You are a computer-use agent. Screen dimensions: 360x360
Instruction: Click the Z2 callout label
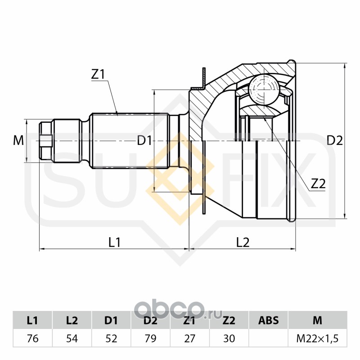318,183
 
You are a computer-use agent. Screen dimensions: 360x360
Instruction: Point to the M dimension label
18,141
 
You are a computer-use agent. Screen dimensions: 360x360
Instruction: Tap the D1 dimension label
144,141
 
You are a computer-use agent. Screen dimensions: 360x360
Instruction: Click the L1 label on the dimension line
115,242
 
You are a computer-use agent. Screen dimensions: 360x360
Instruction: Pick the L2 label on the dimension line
243,242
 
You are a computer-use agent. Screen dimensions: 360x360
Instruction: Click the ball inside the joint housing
264,90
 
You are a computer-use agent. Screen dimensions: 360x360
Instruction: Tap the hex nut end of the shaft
45,141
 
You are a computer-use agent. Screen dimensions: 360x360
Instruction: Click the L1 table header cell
32,320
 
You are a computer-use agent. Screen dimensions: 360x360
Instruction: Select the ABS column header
268,320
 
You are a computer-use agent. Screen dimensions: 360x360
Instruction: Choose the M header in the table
317,320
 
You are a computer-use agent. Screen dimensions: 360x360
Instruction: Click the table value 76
32,338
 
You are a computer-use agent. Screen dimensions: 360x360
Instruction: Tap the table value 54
72,338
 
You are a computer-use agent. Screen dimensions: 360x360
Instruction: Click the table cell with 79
150,338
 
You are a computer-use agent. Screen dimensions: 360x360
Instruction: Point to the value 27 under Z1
189,338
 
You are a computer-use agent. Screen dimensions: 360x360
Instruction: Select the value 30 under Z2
229,338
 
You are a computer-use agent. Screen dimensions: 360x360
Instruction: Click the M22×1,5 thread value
317,338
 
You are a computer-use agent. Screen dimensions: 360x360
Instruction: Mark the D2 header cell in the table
150,320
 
